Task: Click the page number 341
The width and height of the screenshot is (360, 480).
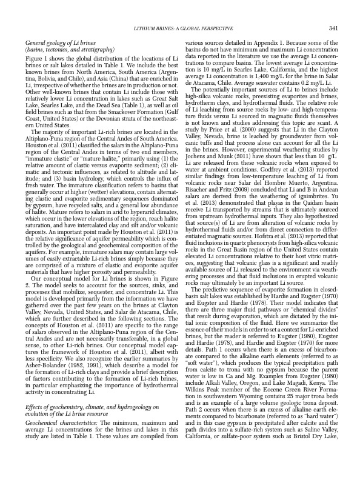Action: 333,28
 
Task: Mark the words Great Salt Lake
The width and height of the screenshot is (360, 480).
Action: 152,93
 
